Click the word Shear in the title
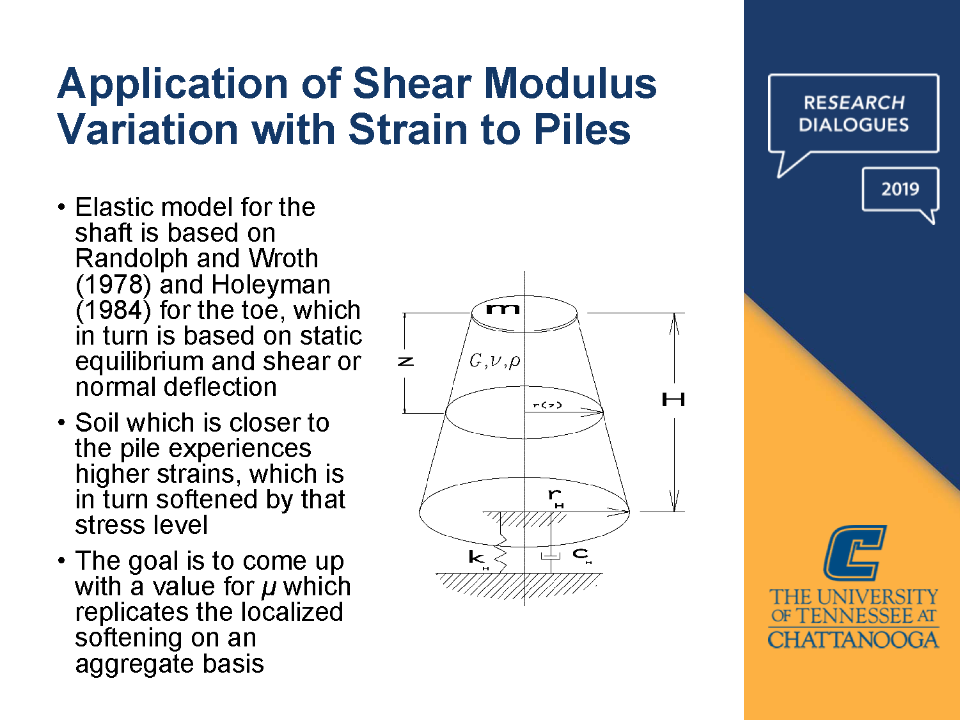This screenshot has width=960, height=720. [411, 84]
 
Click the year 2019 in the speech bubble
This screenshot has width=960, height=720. [900, 189]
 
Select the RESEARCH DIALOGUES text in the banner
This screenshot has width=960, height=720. [854, 113]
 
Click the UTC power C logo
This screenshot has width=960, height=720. [854, 552]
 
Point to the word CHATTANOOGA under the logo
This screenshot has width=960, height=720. [853, 639]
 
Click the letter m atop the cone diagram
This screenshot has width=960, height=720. [503, 309]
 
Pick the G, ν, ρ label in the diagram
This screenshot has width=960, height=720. [494, 361]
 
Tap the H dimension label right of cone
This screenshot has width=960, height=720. [673, 400]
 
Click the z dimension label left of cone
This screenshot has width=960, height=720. [405, 362]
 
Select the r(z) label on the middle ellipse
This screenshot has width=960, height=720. [547, 405]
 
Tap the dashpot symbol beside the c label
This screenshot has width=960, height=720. [550, 555]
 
